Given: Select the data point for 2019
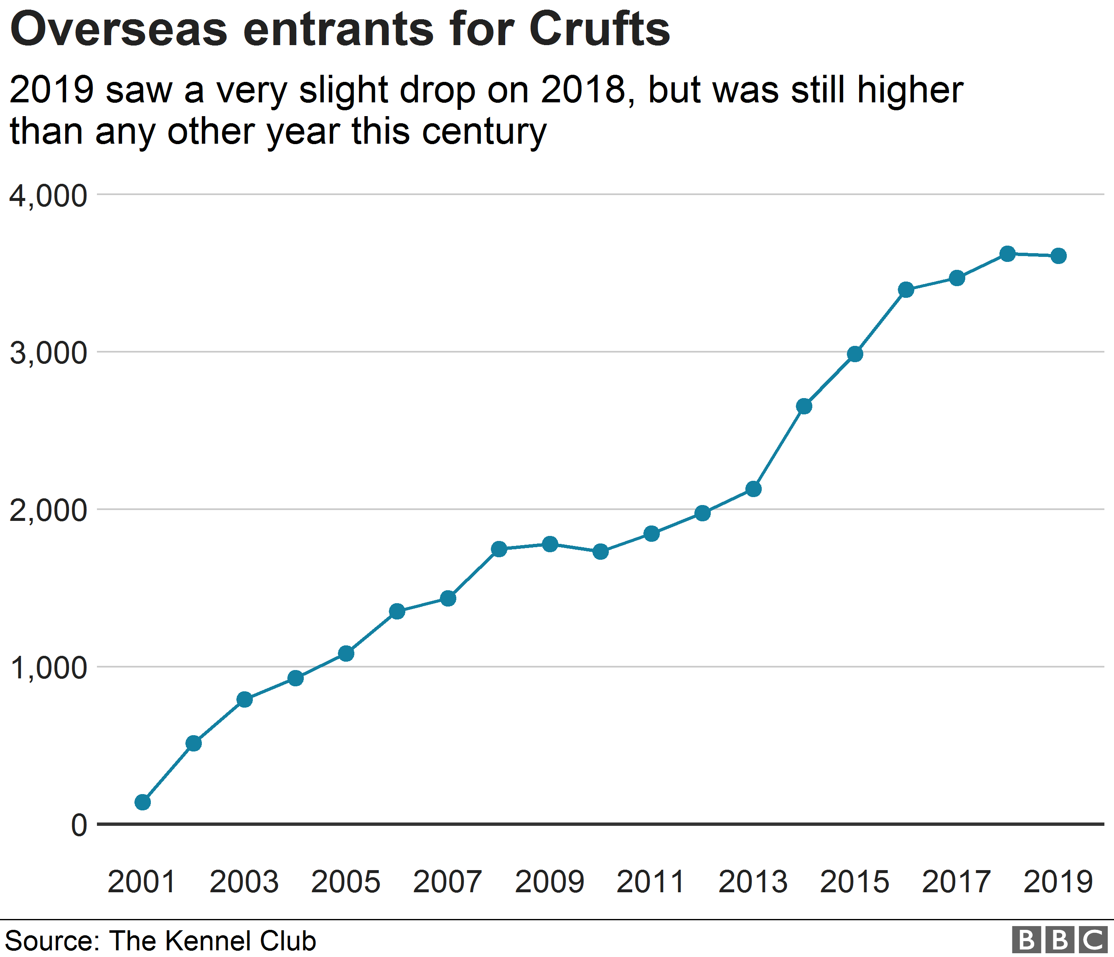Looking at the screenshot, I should coord(1058,256).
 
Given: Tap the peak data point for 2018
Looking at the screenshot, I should coord(1007,254).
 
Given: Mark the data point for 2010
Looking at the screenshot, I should coord(600,551).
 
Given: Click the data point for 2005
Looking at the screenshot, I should coord(346,653).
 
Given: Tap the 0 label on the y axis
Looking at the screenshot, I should coord(79,825).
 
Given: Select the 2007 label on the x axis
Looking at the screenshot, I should coord(448,882).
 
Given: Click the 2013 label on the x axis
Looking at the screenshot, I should coord(753,882).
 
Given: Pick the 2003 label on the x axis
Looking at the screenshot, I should coord(244,882).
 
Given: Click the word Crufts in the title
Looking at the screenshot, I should coord(600,30).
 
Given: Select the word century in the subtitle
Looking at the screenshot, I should coord(484,132).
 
